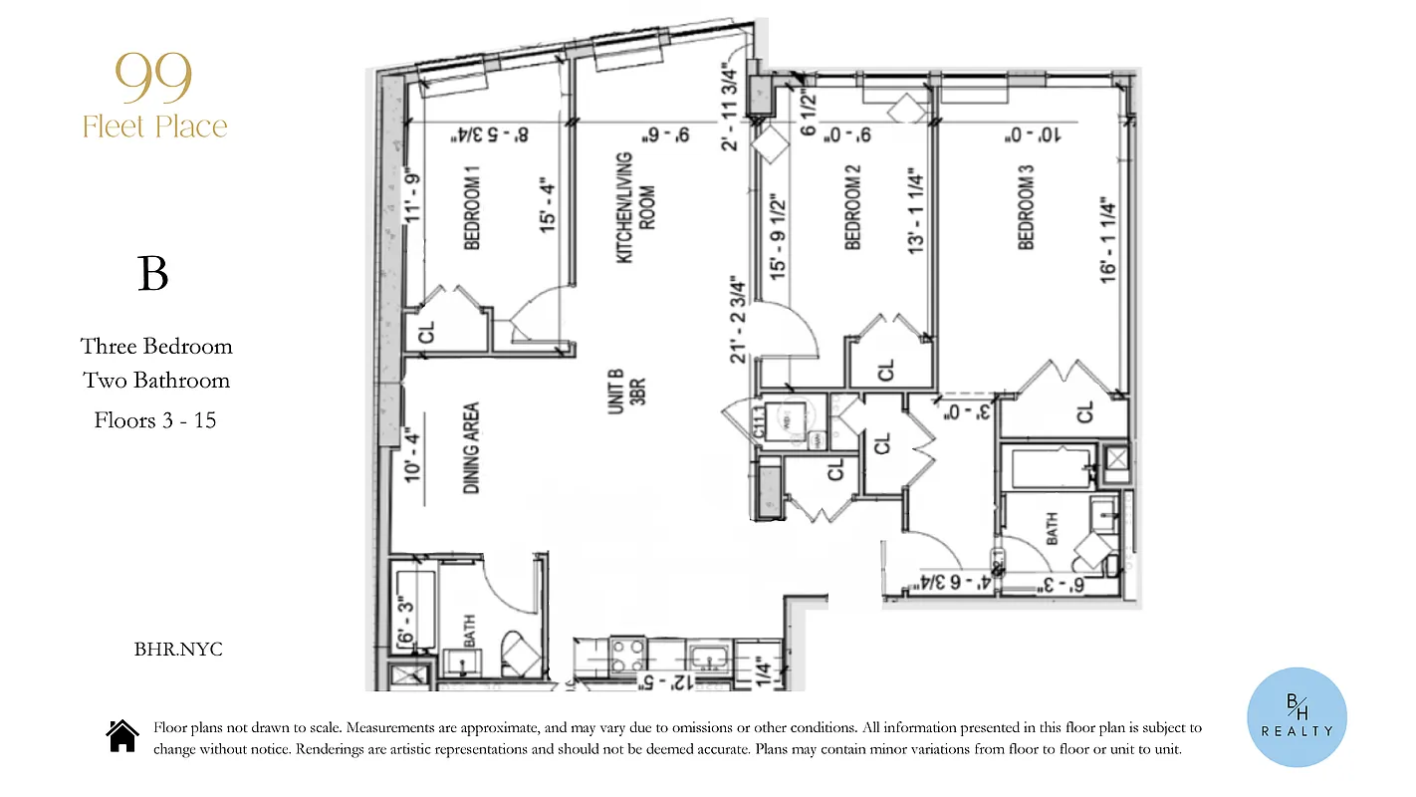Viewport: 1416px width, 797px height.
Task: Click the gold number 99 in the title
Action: click(154, 81)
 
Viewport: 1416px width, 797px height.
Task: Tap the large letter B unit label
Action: click(152, 274)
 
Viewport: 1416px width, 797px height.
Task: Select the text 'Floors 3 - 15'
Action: click(155, 419)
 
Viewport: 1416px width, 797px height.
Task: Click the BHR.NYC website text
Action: click(178, 650)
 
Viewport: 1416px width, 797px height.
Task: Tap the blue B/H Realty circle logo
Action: click(1297, 717)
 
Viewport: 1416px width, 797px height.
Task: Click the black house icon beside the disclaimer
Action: click(122, 736)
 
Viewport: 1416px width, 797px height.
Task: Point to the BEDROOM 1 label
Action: click(473, 213)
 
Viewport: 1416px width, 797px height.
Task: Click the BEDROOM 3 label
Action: click(1026, 213)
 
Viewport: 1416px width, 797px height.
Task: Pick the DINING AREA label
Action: click(472, 448)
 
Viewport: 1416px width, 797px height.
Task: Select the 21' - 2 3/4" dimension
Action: click(738, 319)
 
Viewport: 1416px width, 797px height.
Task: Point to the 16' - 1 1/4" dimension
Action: click(1108, 239)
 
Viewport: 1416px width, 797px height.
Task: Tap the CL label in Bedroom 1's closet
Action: click(426, 334)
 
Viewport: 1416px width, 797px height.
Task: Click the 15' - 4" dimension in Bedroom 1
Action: click(547, 206)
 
